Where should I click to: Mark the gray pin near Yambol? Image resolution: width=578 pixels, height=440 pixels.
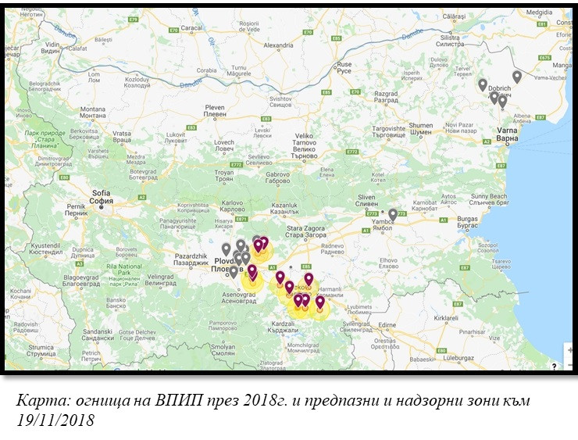click(x=393, y=213)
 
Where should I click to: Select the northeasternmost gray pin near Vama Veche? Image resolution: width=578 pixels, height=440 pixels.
click(x=517, y=76)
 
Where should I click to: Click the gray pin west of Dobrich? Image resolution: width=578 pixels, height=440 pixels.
click(x=483, y=84)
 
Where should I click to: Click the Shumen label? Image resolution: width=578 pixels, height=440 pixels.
click(x=420, y=127)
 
